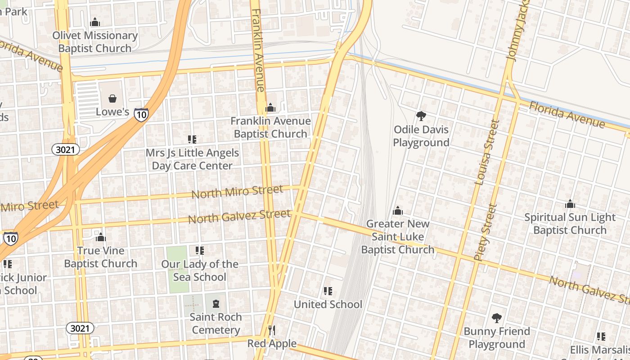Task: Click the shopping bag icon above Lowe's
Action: click(112, 98)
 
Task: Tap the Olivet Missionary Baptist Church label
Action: click(95, 42)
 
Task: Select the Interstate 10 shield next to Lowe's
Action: click(141, 115)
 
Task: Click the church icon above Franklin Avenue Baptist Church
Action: click(270, 108)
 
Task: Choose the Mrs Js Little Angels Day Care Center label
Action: click(192, 159)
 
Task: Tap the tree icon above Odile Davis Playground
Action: click(421, 117)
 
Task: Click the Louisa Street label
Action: click(487, 152)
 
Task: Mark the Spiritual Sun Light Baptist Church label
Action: click(570, 224)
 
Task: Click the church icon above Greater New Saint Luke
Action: click(398, 211)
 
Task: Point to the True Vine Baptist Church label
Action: click(101, 257)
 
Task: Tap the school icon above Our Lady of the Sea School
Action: click(199, 251)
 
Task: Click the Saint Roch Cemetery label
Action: click(216, 324)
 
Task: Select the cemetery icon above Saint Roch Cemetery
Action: click(216, 304)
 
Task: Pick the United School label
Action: click(328, 304)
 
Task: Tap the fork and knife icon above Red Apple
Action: click(271, 330)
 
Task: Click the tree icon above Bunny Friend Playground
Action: click(497, 318)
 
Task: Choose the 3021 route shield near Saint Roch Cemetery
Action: click(80, 328)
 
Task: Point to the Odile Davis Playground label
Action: click(421, 136)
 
